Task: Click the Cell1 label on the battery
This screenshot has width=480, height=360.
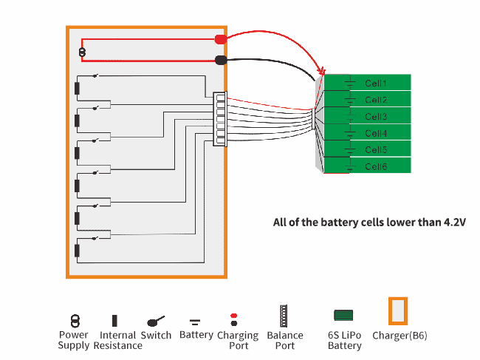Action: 376,84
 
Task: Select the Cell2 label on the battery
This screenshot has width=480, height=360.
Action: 376,100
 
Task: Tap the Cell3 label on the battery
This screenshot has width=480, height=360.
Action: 376,117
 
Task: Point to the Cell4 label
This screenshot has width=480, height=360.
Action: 376,134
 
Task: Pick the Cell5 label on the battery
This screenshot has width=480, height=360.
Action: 376,150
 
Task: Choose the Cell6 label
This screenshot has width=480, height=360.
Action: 376,167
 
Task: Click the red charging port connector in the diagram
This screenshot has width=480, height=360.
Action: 220,39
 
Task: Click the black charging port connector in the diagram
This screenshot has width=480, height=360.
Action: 220,61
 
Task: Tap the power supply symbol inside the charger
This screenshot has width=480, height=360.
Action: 82,52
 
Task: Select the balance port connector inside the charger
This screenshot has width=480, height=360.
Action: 219,119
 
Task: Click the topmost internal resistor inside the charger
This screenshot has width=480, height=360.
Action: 77,89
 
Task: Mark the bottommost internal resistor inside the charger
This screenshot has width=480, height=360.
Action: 77,250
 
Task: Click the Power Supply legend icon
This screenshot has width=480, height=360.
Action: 74,320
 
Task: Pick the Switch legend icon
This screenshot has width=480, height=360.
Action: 156,321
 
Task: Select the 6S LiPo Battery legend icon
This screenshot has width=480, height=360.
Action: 344,316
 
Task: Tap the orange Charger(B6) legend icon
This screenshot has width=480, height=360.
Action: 399,311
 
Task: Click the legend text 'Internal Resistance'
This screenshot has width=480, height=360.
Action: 117,340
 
